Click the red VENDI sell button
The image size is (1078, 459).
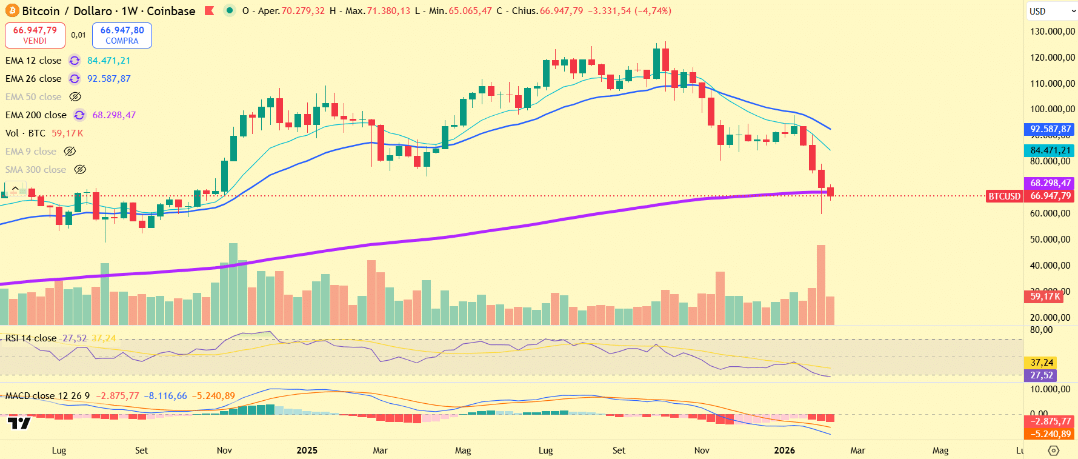35,35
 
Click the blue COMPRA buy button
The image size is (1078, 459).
122,35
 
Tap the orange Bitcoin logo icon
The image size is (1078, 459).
12,11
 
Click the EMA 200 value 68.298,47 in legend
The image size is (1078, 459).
114,115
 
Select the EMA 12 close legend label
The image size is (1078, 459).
33,61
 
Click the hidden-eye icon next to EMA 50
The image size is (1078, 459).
75,97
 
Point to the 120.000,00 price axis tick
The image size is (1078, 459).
1053,58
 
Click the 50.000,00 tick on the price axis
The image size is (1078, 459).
1053,240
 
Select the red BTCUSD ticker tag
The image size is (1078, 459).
1004,196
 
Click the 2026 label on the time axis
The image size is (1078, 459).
785,450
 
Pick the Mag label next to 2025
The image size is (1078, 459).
463,450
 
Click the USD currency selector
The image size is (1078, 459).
1050,11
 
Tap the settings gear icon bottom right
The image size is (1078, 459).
1054,450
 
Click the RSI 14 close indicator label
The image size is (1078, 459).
31,338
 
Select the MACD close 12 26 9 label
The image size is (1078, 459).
47,396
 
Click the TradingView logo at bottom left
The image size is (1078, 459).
19,423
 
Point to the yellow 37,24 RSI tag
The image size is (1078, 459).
1042,363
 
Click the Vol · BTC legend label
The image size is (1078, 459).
25,133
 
